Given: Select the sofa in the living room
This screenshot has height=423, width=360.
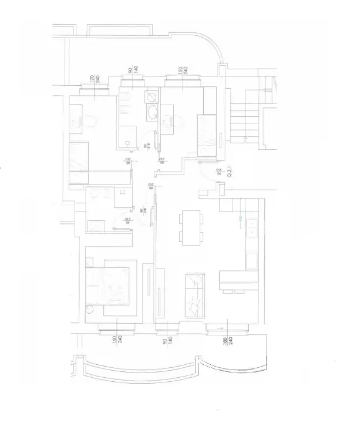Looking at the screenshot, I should pos(196,296).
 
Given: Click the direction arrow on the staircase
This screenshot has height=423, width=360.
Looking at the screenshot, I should pos(243,139).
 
